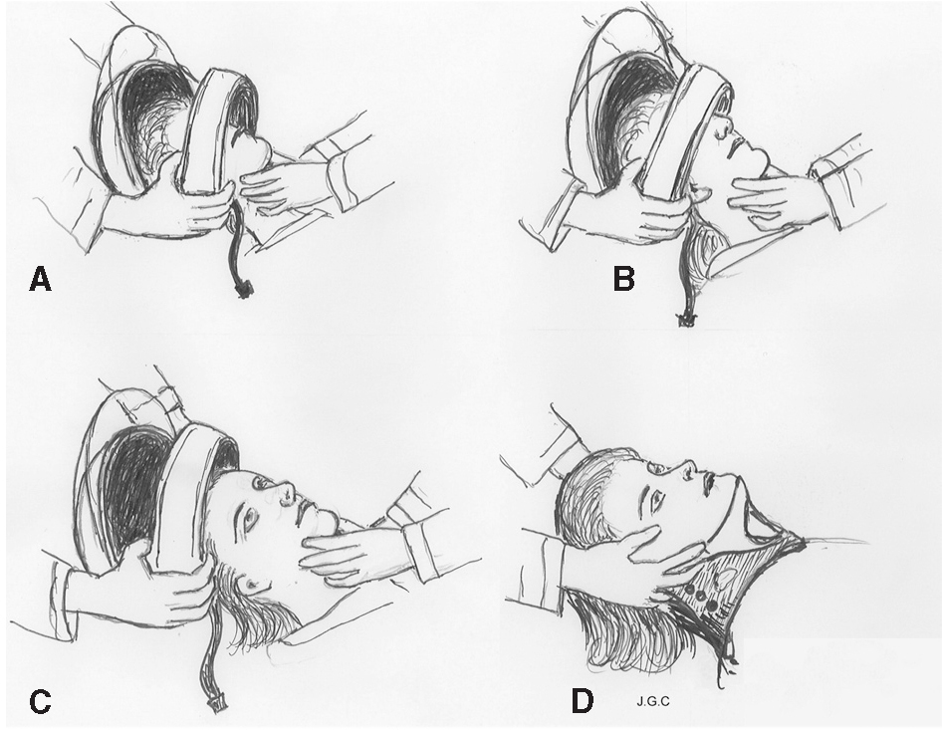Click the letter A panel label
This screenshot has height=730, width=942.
pos(40,280)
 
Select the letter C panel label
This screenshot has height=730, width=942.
pos(40,702)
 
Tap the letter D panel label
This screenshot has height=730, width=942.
pos(583,702)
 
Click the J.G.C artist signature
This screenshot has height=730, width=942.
pos(652,700)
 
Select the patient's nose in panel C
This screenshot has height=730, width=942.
pos(286,493)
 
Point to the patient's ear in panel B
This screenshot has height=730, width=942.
pos(699,194)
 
